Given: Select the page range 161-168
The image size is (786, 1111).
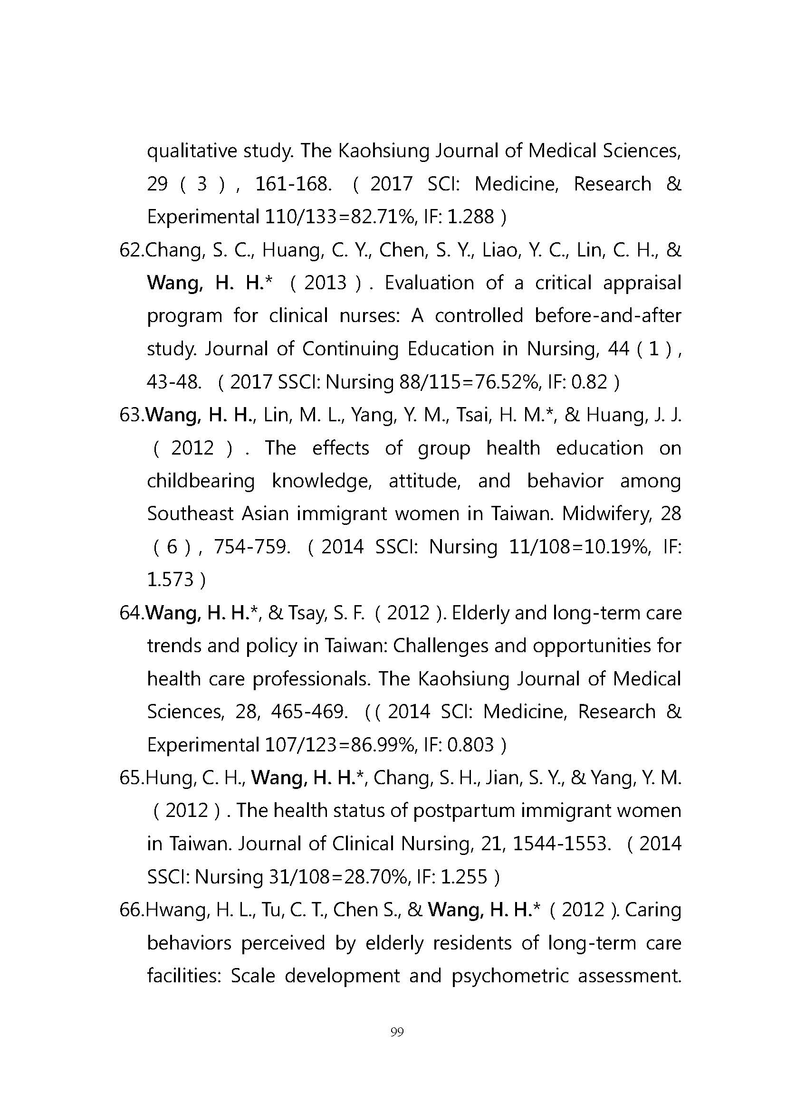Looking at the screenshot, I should click(x=293, y=184).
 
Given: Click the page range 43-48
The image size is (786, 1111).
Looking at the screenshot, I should click(x=174, y=382).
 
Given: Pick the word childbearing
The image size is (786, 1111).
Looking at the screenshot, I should click(x=201, y=481).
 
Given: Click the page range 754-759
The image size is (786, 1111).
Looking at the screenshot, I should click(x=252, y=547).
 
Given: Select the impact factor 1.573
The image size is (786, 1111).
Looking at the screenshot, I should click(x=170, y=579).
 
